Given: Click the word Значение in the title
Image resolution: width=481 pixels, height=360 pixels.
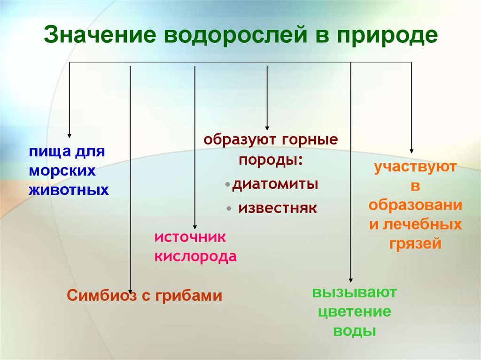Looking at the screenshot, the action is pyautogui.click(x=100, y=35).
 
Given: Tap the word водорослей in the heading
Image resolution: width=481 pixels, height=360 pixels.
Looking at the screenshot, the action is pyautogui.click(x=236, y=35).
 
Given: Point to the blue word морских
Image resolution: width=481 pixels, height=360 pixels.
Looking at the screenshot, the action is pyautogui.click(x=62, y=171).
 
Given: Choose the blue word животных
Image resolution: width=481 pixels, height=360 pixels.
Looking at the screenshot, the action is pyautogui.click(x=69, y=190).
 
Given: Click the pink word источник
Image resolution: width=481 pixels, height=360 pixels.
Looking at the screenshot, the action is pyautogui.click(x=190, y=237).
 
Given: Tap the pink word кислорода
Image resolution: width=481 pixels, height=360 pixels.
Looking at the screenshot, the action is pyautogui.click(x=196, y=257).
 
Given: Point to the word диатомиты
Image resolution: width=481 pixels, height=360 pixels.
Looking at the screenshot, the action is pyautogui.click(x=275, y=184).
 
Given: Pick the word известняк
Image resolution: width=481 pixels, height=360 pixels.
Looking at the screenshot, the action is pyautogui.click(x=278, y=208).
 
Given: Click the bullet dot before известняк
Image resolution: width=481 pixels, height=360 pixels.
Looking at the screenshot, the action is pyautogui.click(x=229, y=209).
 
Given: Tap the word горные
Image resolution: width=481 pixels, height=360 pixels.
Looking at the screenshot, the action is pyautogui.click(x=310, y=140).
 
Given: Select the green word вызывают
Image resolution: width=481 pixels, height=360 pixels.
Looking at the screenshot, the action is pyautogui.click(x=355, y=292).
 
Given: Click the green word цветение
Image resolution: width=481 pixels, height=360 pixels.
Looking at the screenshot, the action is pyautogui.click(x=355, y=312).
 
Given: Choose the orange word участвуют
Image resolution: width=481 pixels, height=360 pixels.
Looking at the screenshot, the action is pyautogui.click(x=415, y=168).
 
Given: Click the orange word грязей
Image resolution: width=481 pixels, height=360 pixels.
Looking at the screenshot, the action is pyautogui.click(x=415, y=244).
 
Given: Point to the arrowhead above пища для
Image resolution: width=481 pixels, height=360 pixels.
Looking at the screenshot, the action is pyautogui.click(x=70, y=136).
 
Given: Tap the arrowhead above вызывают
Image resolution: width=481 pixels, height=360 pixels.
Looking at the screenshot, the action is pyautogui.click(x=351, y=280).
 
